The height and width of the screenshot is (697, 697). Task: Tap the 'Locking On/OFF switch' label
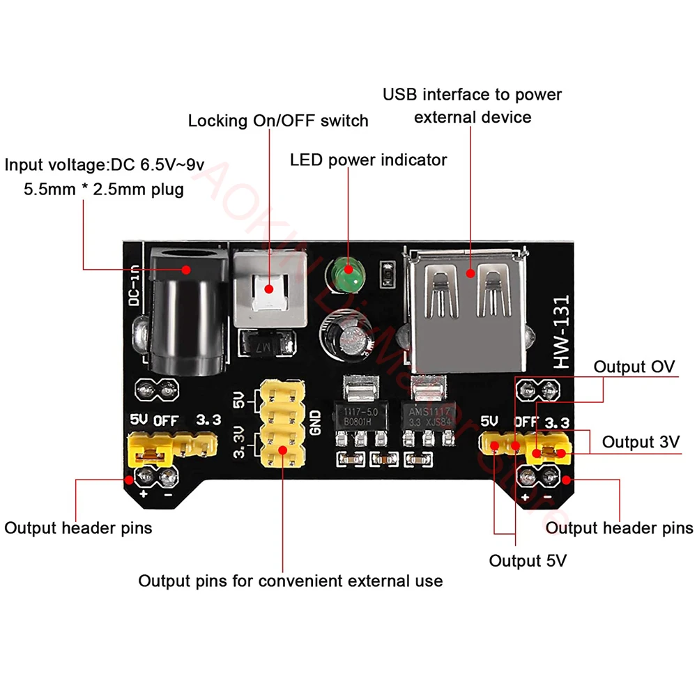point(277,121)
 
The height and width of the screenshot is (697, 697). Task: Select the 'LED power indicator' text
point(368,160)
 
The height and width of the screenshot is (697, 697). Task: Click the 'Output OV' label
point(634,367)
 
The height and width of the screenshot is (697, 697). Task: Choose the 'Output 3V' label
point(641,442)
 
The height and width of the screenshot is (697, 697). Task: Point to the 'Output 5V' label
point(527,561)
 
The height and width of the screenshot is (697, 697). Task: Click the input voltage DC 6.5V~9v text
point(105,165)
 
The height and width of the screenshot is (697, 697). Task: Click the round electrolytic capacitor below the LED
point(344,330)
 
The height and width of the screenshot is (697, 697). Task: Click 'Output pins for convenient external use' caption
point(290,581)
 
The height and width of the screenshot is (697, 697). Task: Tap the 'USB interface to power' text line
point(472,94)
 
